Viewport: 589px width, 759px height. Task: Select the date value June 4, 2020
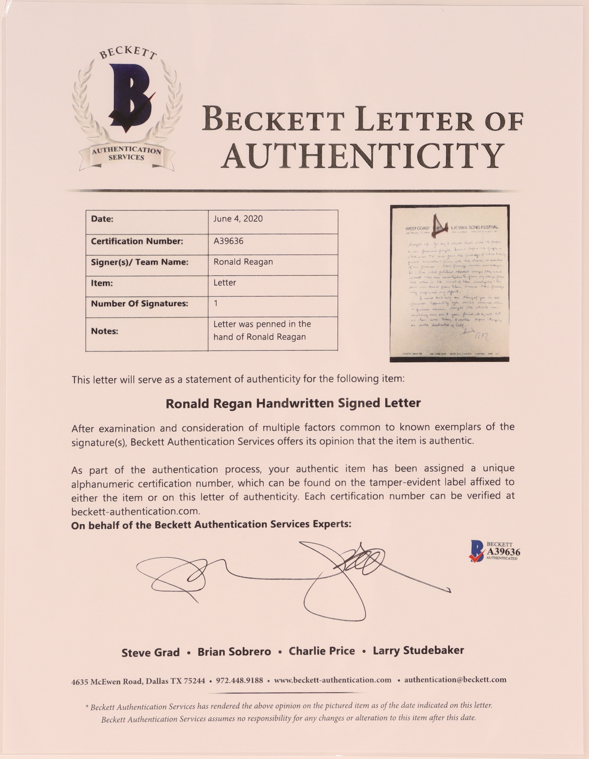click(238, 219)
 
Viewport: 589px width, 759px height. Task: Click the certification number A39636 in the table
click(228, 241)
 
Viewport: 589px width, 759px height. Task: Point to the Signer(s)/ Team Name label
click(140, 262)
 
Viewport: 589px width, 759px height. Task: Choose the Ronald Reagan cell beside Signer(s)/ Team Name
click(243, 262)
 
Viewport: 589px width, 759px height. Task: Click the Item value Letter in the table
click(225, 283)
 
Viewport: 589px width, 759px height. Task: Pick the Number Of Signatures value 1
click(216, 303)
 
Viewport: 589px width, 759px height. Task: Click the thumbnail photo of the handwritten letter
click(450, 283)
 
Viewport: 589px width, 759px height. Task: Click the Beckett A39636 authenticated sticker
click(495, 551)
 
